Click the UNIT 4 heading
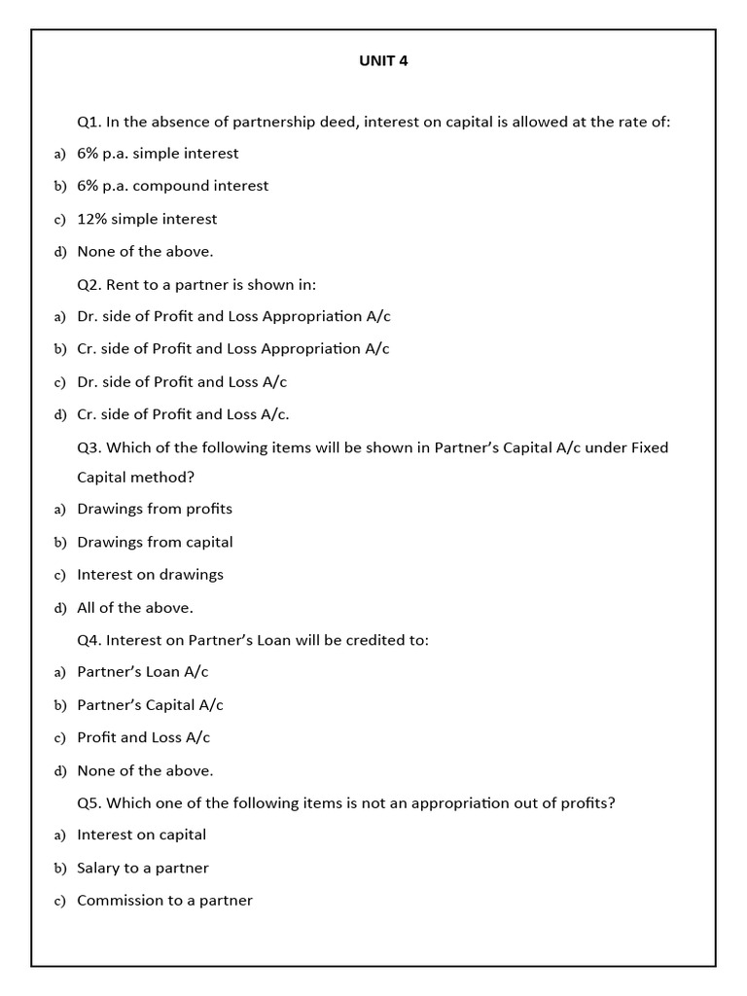coord(384,60)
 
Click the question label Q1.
coord(89,122)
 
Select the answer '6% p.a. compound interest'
coord(172,186)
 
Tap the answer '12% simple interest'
coord(147,219)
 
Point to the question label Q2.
coord(89,284)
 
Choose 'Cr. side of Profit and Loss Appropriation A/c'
coord(232,348)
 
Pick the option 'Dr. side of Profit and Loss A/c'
coord(182,381)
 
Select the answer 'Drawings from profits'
coord(155,509)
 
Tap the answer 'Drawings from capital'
coord(155,542)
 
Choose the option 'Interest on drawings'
coord(150,575)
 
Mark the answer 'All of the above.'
coord(135,608)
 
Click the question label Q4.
coord(89,640)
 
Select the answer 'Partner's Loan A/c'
coord(142,672)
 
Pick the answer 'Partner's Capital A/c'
coord(150,705)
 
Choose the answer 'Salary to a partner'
coord(142,868)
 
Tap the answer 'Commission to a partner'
coord(164,901)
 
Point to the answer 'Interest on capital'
coord(141,835)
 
